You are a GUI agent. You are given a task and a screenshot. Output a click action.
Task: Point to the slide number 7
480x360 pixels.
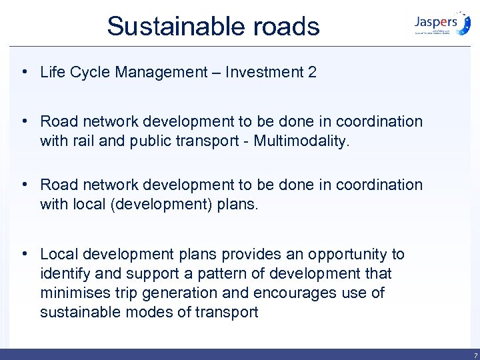(x=473, y=355)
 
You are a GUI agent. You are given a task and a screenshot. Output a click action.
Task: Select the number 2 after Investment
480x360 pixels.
(x=312, y=72)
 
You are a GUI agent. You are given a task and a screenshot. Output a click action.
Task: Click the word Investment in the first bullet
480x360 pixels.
(x=263, y=72)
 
